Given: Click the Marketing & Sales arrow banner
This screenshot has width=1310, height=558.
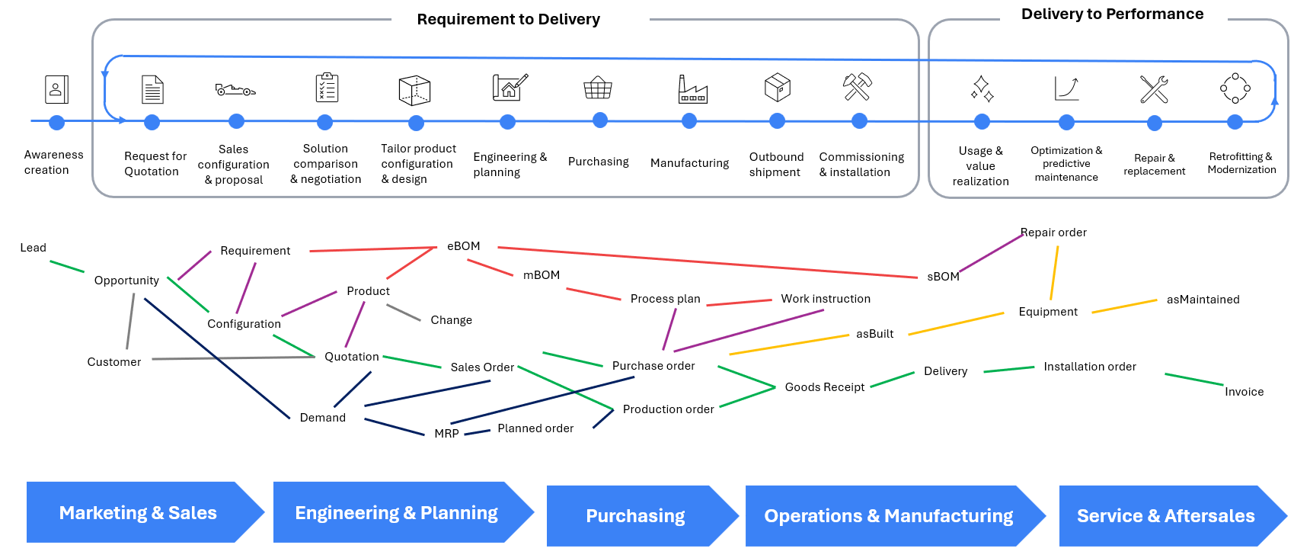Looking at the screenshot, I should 138,513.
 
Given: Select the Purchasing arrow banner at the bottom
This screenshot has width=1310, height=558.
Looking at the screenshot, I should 635,516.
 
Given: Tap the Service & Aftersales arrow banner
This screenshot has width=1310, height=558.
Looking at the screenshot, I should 1165,516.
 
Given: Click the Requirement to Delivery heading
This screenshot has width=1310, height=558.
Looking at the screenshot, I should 508,19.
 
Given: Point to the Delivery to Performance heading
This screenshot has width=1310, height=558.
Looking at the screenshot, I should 1112,14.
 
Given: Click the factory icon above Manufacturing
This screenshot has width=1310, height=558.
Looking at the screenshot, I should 692,89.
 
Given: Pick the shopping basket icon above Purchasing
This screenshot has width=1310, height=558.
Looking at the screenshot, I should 598,88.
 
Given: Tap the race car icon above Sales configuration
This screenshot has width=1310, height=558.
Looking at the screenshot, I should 235,90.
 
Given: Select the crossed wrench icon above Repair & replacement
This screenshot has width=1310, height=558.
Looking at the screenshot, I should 1154,89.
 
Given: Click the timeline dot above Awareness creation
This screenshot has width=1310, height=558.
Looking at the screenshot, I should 56,122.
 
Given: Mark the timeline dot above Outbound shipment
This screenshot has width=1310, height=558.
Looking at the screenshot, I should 777,120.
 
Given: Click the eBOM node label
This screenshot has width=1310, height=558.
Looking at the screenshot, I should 463,246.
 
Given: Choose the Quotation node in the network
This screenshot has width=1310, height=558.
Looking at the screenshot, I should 351,357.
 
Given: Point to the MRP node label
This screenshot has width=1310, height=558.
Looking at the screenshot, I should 446,434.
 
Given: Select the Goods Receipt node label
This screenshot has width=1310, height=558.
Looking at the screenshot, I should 824,387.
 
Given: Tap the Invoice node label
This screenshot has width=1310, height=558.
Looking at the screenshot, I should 1244,392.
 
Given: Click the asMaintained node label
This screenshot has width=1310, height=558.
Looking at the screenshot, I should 1203,300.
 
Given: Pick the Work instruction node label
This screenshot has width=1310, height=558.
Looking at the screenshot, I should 825,299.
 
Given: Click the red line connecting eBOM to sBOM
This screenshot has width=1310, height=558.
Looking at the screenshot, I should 708,262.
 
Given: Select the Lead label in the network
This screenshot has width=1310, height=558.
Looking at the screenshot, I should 33,248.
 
